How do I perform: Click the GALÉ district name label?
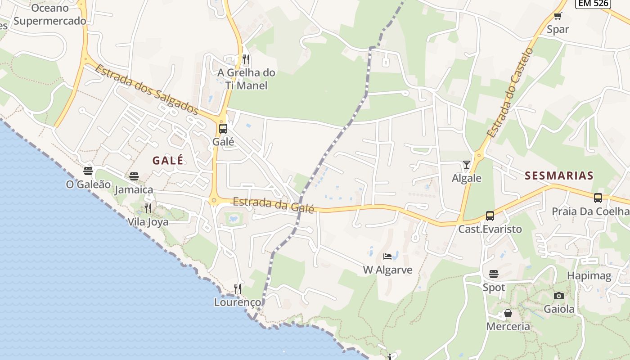pos(168,160)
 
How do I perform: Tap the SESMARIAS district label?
pos(559,175)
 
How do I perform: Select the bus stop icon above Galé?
pos(223,129)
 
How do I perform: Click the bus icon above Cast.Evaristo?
pos(490,216)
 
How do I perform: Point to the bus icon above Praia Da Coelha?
pos(598,198)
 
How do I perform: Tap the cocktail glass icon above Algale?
pos(467,165)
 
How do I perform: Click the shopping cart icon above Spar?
pos(558,16)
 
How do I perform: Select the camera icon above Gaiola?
pos(559,296)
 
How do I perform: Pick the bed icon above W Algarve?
pos(387,256)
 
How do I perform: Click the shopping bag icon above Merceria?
pos(508,313)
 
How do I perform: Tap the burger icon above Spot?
pos(494,274)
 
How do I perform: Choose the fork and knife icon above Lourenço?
pos(238,288)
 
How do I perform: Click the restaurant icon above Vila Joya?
pos(148,208)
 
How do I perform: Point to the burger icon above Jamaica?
pos(134,176)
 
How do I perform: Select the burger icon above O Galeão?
pos(88,171)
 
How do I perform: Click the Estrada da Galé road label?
pos(273,205)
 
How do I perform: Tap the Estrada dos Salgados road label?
pos(147,89)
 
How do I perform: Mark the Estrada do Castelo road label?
pos(510,92)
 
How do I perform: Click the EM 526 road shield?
pos(593,3)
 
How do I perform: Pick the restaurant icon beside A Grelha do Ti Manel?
pos(246,59)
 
